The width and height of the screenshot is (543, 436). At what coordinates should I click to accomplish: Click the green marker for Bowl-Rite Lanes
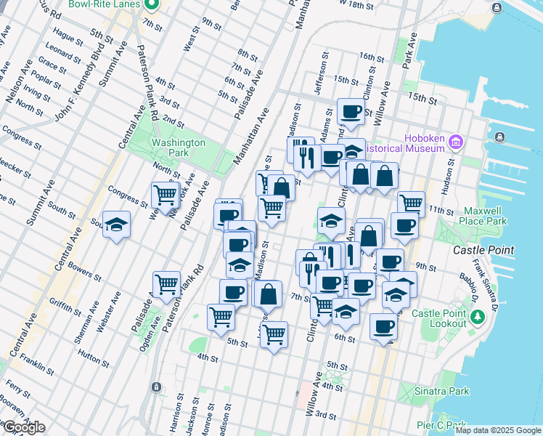(151, 5)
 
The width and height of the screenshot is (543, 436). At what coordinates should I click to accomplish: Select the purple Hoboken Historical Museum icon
(455, 140)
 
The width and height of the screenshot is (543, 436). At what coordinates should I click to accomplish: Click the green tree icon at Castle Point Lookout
(478, 317)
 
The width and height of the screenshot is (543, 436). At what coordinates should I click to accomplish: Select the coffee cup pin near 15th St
(351, 112)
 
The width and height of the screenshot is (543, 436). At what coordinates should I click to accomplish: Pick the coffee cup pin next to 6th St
(383, 326)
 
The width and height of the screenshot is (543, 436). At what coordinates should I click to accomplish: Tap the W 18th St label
(364, 4)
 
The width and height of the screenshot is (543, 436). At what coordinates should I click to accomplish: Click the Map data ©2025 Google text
(497, 430)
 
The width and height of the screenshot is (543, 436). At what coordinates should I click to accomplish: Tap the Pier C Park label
(442, 424)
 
